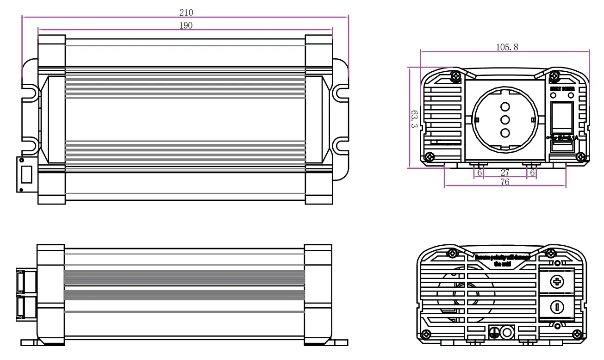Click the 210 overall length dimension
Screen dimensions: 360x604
pyautogui.click(x=186, y=12)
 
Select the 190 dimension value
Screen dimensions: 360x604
pyautogui.click(x=186, y=25)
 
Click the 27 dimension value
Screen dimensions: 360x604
pyautogui.click(x=505, y=173)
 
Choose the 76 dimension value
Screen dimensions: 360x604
pyautogui.click(x=505, y=182)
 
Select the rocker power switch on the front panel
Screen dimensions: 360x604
pyautogui.click(x=562, y=115)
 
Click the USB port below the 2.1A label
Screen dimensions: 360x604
pyautogui.click(x=562, y=147)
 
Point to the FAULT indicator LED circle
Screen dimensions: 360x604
pyautogui.click(x=553, y=95)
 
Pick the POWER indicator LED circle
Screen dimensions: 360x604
pyautogui.click(x=571, y=95)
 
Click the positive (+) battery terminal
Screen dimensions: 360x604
pyautogui.click(x=558, y=281)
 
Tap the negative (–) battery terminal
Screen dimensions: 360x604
pyautogui.click(x=558, y=306)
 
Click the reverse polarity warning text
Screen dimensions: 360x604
pyautogui.click(x=502, y=260)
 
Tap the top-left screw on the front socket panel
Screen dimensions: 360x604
pyautogui.click(x=456, y=75)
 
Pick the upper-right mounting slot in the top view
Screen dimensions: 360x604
pyautogui.click(x=342, y=92)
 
